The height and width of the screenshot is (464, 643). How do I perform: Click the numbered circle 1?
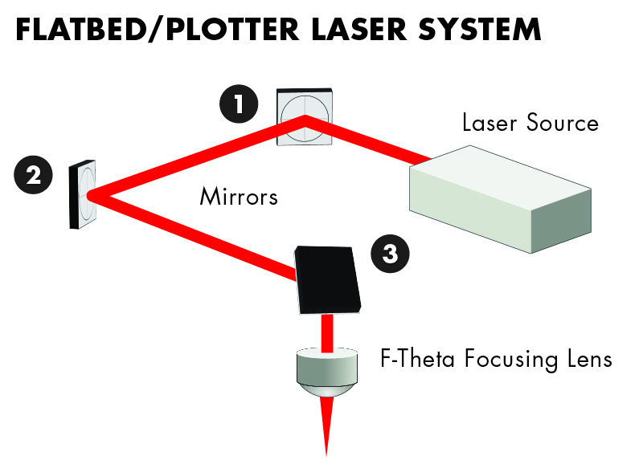[238, 104]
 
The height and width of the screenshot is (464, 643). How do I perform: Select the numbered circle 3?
[390, 254]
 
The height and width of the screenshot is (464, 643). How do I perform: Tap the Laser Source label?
[530, 123]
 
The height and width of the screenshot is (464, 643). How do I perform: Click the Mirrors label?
[239, 196]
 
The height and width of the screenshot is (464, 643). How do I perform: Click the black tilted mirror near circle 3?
[327, 279]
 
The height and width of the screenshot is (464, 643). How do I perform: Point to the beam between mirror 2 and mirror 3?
[193, 237]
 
